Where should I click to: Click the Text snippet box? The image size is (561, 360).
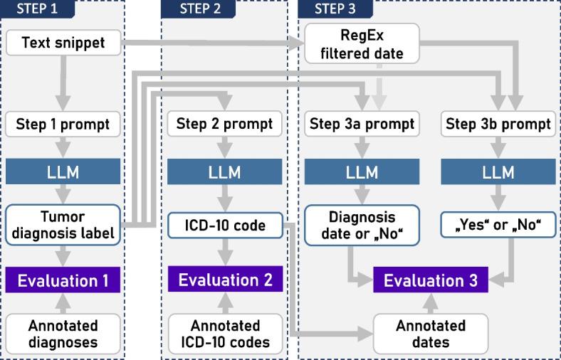63,43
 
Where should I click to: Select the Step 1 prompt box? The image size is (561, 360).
63,125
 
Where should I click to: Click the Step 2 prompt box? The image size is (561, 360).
225,125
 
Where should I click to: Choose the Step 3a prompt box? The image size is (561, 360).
362,125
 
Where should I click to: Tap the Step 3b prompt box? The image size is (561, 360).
498,125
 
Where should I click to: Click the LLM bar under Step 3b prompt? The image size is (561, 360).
498,172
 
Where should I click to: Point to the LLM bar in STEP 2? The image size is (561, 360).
225,172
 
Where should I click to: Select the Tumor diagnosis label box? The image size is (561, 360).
63,225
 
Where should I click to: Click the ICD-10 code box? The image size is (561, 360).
225,226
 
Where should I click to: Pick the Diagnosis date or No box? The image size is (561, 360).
362,225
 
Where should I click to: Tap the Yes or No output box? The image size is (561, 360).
498,226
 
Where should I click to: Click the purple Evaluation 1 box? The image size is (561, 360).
63,280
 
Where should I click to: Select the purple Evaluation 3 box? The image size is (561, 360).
431,280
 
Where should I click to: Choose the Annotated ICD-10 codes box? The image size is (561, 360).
225,334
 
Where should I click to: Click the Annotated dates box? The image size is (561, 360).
431,334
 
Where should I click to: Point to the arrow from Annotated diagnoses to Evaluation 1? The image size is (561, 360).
63,303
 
